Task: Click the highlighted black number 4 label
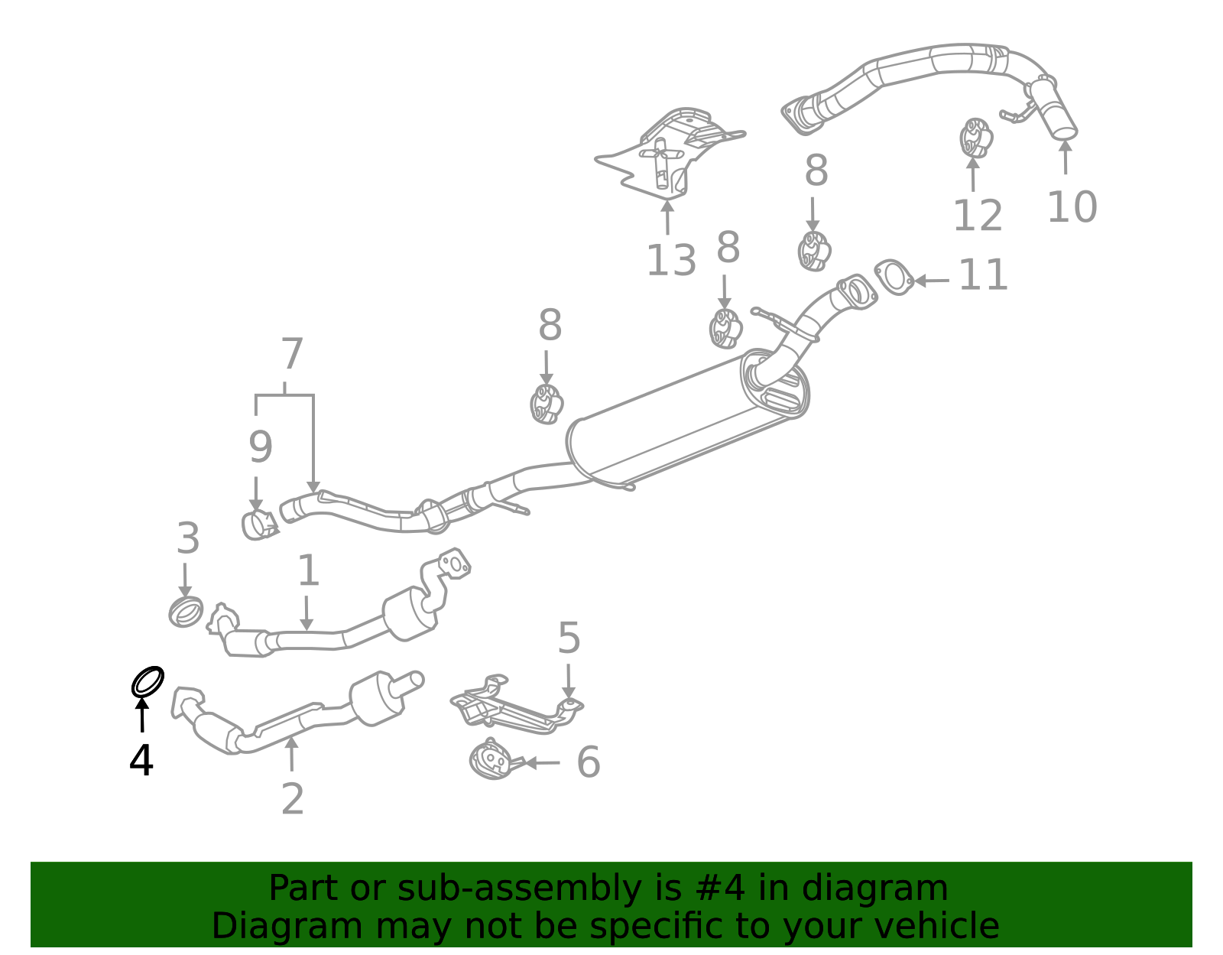pyautogui.click(x=141, y=760)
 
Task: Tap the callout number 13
pyautogui.click(x=671, y=261)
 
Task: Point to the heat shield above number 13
pyautogui.click(x=670, y=153)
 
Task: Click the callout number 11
pyautogui.click(x=983, y=275)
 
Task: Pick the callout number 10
pyautogui.click(x=1072, y=207)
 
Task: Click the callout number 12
pyautogui.click(x=978, y=216)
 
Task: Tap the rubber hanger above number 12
pyautogui.click(x=976, y=138)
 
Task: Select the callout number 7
pyautogui.click(x=291, y=353)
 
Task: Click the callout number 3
pyautogui.click(x=188, y=538)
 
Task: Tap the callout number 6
pyautogui.click(x=589, y=762)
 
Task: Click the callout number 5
pyautogui.click(x=569, y=638)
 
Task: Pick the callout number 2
pyautogui.click(x=293, y=798)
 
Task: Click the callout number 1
pyautogui.click(x=308, y=570)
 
